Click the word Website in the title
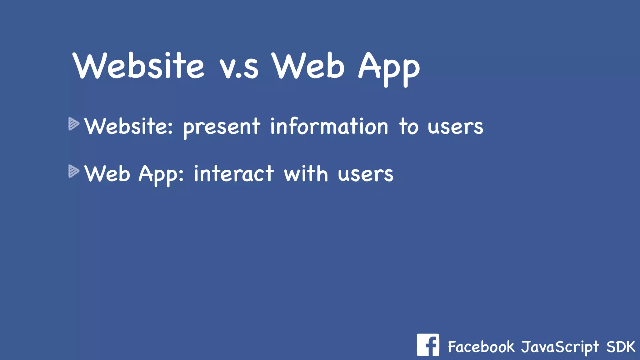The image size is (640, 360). coord(139,66)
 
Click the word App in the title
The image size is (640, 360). coord(389,69)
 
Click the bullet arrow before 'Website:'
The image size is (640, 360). coord(74,124)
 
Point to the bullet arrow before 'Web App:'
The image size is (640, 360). coord(74,171)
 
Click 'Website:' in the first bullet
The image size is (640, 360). coord(128,126)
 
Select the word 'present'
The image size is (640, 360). coord(222,127)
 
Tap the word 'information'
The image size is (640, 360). coord(329,126)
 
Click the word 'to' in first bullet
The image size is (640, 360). coord(408,126)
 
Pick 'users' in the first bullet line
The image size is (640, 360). coord(455,127)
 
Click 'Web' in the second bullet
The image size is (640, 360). coord(107,174)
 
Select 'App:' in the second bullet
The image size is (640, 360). coord(161,175)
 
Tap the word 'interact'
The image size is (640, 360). coord(234,174)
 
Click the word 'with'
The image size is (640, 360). coord(306,174)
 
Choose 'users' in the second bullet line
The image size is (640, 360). coord(365,175)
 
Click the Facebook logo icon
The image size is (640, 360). coord(428,345)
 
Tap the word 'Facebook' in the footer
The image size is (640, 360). coord(481,347)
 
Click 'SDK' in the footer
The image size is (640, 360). coord(621,347)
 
